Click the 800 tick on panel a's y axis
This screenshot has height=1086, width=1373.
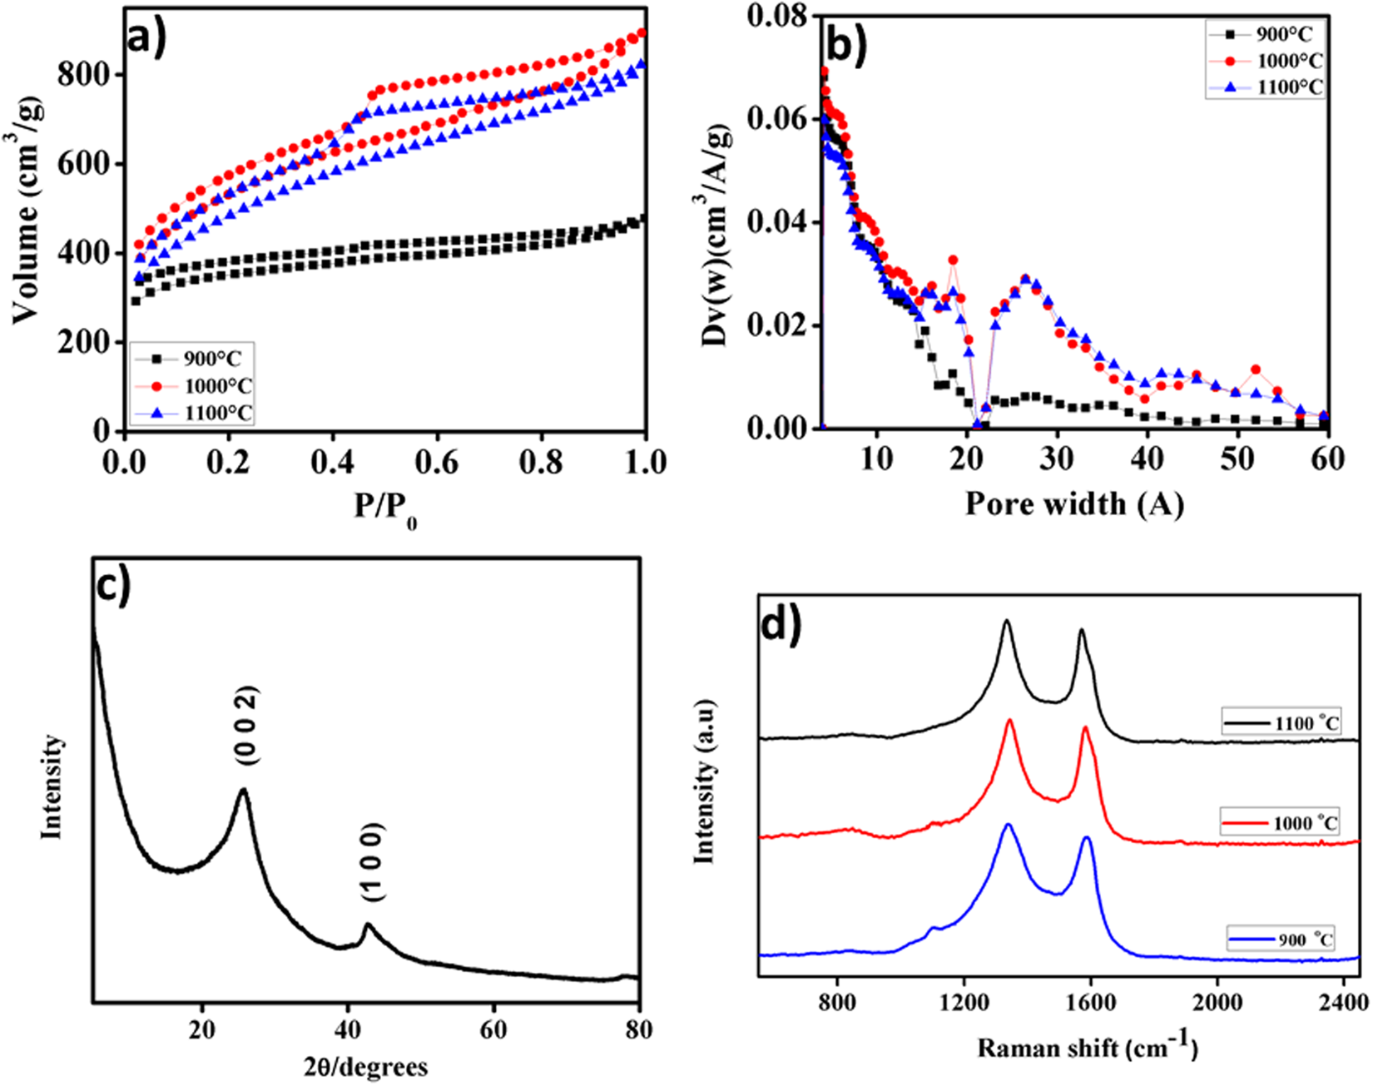click(x=83, y=75)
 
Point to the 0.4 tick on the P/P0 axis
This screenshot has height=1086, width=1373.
click(x=333, y=460)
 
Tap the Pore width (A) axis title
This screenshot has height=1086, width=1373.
click(x=1073, y=503)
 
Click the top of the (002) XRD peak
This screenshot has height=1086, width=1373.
click(x=243, y=790)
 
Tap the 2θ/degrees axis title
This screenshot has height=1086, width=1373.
click(x=366, y=1066)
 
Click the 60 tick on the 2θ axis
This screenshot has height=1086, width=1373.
click(x=493, y=1029)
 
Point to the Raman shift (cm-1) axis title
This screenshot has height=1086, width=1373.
click(x=1087, y=1047)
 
